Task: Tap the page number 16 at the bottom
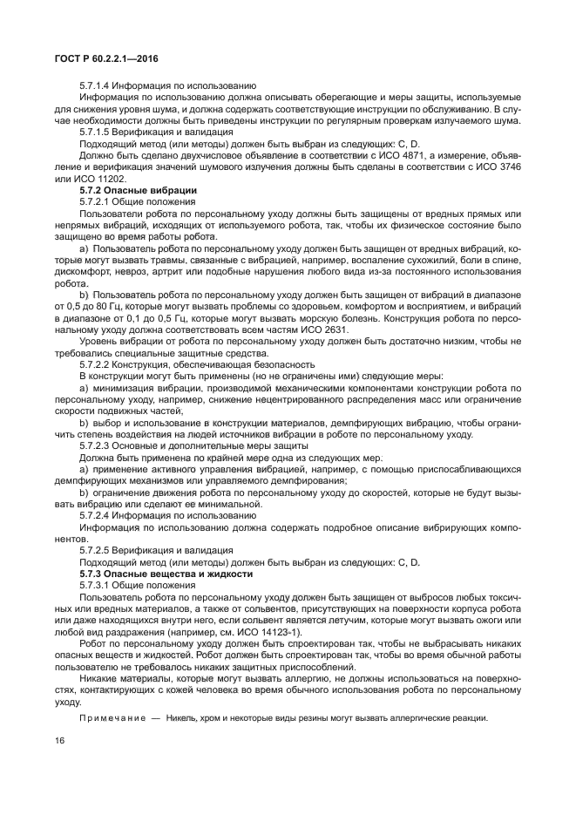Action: (60, 742)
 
